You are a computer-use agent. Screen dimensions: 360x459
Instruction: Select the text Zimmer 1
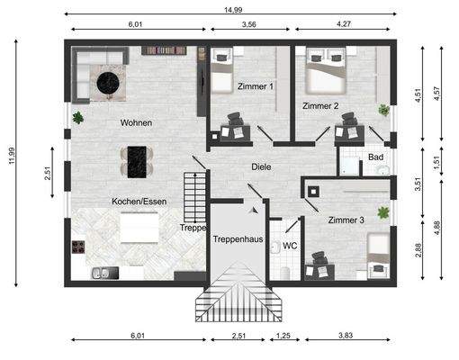tap(256, 86)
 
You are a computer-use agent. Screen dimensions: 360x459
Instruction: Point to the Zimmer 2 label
tap(320, 105)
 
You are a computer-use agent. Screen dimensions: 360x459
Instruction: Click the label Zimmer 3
tap(346, 220)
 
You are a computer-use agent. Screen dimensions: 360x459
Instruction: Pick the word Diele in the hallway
tap(262, 166)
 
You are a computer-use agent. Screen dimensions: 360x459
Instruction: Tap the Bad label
tap(375, 157)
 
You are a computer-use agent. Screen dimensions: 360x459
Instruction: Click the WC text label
tap(290, 245)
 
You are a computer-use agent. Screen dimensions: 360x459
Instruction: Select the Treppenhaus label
tap(236, 239)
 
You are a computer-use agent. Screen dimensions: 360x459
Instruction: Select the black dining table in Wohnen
tap(138, 161)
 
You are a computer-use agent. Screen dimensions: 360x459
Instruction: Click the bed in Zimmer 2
tap(322, 76)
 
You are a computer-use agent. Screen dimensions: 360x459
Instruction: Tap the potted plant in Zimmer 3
tap(384, 213)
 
